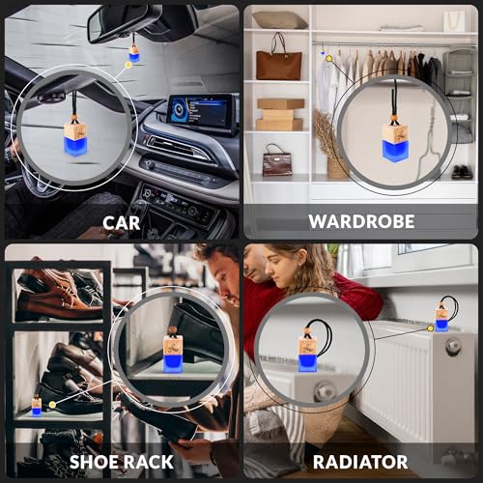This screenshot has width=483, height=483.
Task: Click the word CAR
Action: click(x=121, y=222)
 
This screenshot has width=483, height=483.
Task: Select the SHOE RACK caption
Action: click(x=121, y=462)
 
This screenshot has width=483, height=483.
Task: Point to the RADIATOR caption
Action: click(x=361, y=462)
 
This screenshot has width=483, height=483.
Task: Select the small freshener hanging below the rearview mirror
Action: click(x=133, y=54)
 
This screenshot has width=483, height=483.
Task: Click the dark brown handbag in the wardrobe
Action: click(x=277, y=160)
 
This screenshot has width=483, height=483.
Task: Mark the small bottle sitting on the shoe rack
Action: click(x=36, y=405)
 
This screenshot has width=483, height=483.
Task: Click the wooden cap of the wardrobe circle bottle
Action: click(x=394, y=131)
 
